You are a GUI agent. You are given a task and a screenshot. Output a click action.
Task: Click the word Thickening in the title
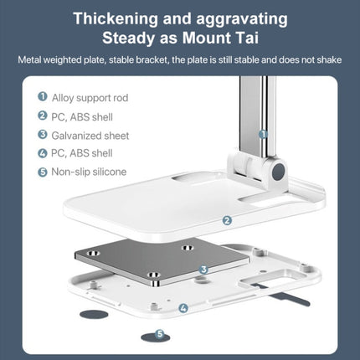pos(116,19)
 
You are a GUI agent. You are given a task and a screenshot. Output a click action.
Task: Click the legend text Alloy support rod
pos(90,98)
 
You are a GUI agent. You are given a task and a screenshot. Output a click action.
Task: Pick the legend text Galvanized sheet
pos(90,136)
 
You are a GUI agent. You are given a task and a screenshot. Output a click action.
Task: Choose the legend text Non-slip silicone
pos(89,172)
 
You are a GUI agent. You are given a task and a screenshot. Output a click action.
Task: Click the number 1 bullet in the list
pos(43,96)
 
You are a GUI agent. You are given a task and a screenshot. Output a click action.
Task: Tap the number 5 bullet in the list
pos(43,172)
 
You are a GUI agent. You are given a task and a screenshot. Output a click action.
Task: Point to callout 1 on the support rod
pos(263,134)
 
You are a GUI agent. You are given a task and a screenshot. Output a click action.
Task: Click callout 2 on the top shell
pos(227,220)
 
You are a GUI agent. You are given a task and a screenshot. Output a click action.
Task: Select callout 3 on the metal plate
pos(203,270)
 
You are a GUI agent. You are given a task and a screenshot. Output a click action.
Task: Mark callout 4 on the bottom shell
pos(183,308)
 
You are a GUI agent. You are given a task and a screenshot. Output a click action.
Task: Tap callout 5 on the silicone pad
pos(160,334)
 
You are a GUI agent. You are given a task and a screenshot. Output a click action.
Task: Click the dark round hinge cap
pos(278,172)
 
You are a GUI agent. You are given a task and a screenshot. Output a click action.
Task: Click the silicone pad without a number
pos(94,314)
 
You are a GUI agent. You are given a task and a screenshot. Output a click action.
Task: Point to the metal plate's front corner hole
pos(153,275)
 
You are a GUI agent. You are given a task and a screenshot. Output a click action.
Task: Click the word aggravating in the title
pos(242,19)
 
